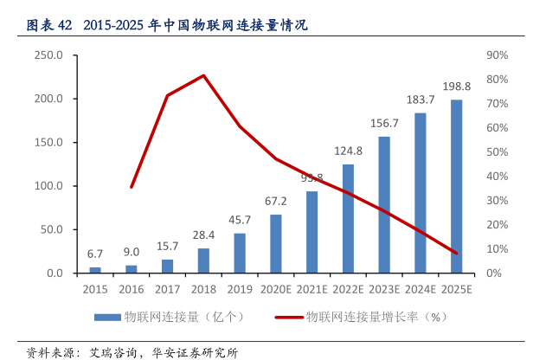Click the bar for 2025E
pyautogui.click(x=456, y=187)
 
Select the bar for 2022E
pyautogui.click(x=348, y=219)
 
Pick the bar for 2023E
pyautogui.click(x=384, y=205)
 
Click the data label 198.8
pyautogui.click(x=456, y=87)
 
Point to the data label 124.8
pyautogui.click(x=348, y=151)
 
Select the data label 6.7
pyautogui.click(x=95, y=254)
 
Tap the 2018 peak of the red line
pyautogui.click(x=203, y=75)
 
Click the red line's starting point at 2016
pyautogui.click(x=132, y=187)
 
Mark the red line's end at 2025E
pyautogui.click(x=456, y=253)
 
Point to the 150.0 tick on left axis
pyautogui.click(x=49, y=143)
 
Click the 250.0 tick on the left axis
pyautogui.click(x=49, y=55)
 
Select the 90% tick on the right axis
pyautogui.click(x=497, y=55)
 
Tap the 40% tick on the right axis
pyautogui.click(x=497, y=177)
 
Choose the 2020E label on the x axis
pyautogui.click(x=276, y=289)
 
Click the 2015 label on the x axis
pyautogui.click(x=95, y=289)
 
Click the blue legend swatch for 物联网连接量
pyautogui.click(x=107, y=318)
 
